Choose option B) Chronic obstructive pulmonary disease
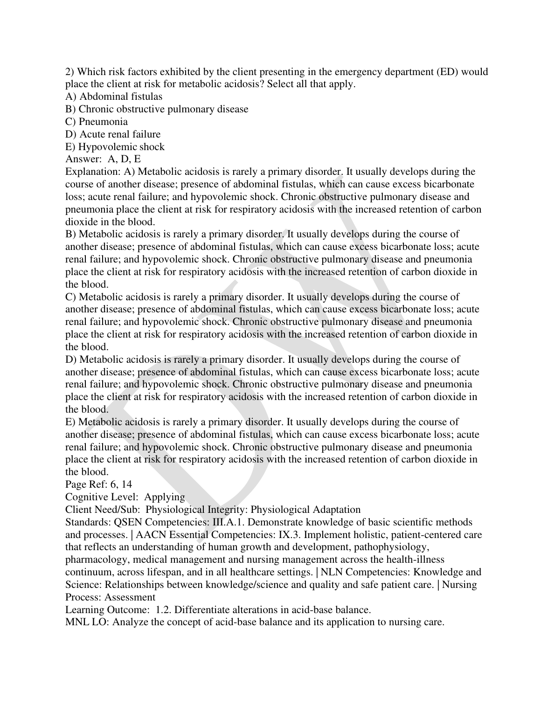point(157,109)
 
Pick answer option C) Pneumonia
point(97,122)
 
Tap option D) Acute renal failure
point(113,134)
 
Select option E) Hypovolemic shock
point(115,147)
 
